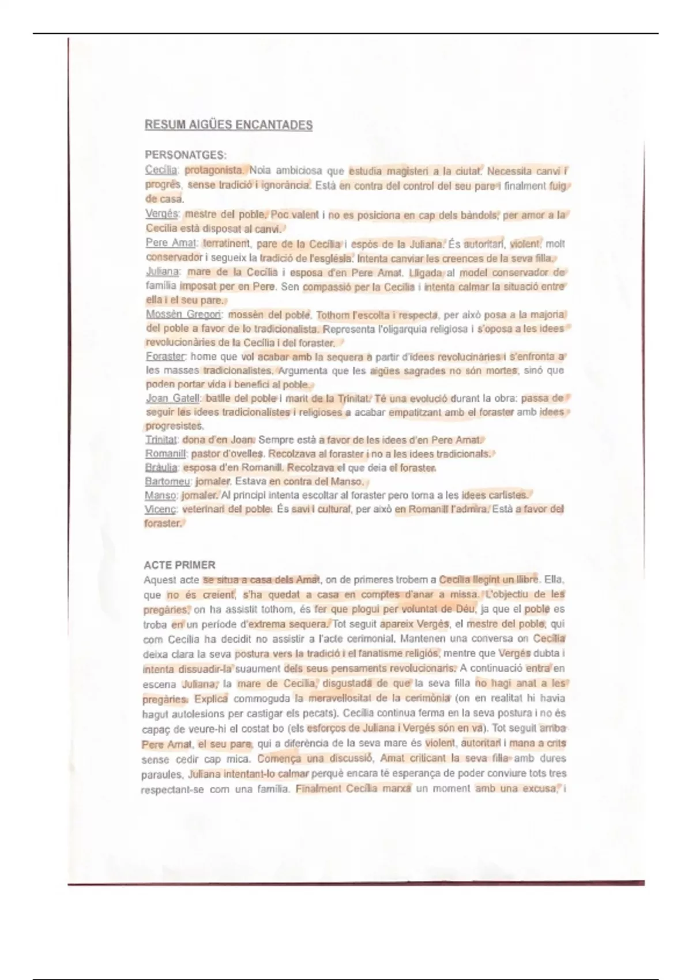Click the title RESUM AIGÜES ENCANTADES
pos(228,125)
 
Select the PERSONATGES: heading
pos(185,155)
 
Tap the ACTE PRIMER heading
pos(179,565)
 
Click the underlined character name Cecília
pos(161,170)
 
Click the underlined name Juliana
pos(163,272)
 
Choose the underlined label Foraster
pos(166,357)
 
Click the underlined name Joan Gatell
pos(172,398)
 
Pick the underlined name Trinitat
pos(161,440)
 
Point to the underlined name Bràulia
pos(162,468)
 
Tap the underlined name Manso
pos(161,495)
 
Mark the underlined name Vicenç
pos(160,510)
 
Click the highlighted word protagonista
pos(214,170)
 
